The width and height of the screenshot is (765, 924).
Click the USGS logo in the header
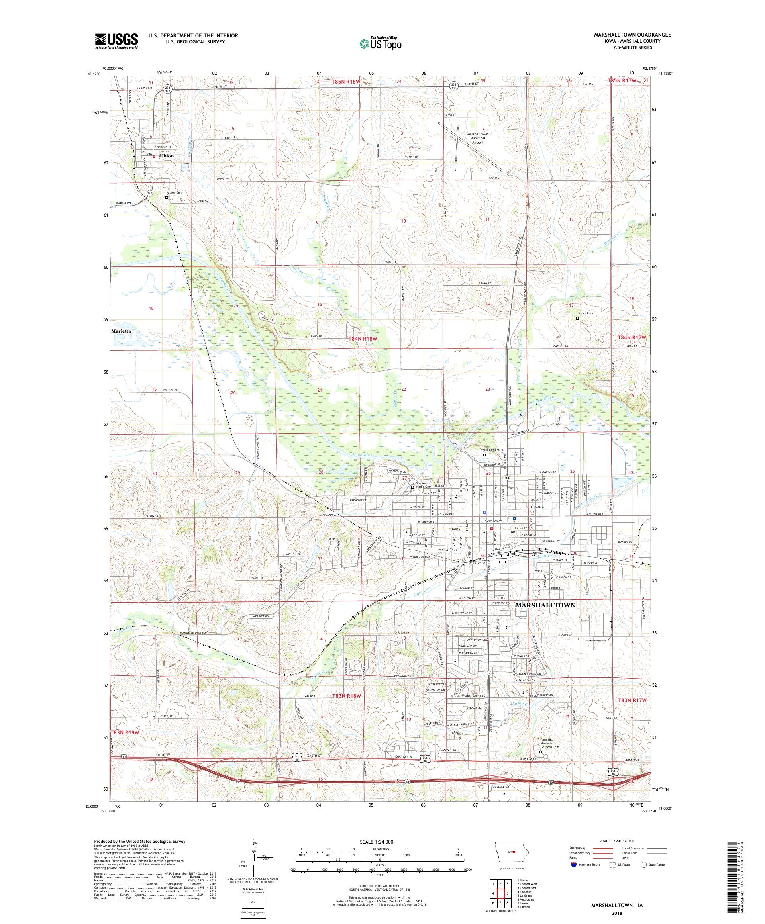[116, 41]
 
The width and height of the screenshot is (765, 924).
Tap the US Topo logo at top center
[381, 43]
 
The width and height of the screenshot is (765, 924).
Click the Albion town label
[167, 156]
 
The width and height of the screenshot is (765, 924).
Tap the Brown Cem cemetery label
[585, 313]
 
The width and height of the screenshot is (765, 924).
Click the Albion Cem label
[174, 193]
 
